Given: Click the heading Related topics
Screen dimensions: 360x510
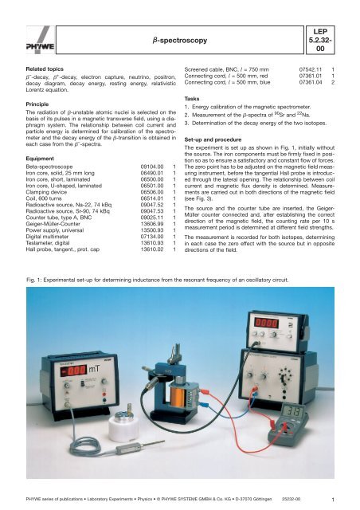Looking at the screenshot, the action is click(x=41, y=69).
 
